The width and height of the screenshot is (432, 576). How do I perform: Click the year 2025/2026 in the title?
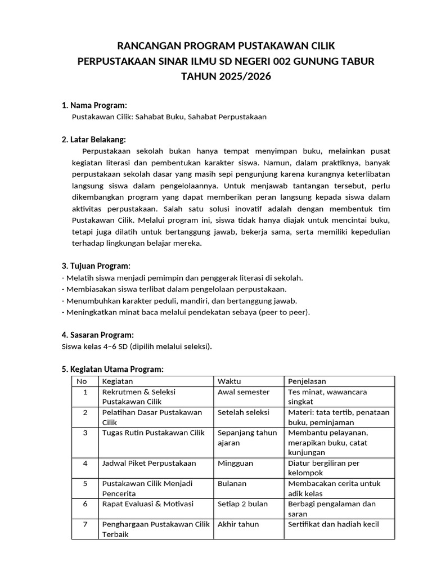(x=241, y=76)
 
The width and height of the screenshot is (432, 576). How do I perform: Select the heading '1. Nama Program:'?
(x=94, y=105)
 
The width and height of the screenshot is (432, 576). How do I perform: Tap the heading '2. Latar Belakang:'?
(x=93, y=139)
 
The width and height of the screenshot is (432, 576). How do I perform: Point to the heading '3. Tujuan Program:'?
(x=96, y=265)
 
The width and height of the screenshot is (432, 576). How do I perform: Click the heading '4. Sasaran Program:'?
(x=97, y=335)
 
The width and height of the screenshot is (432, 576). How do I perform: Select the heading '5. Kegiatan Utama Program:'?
(x=112, y=369)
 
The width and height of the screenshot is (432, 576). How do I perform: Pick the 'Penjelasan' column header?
(x=307, y=381)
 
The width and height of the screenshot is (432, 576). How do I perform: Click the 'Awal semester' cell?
(x=244, y=392)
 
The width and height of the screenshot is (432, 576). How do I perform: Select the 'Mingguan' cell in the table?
(x=235, y=463)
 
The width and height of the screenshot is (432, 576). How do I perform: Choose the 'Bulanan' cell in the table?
(x=232, y=483)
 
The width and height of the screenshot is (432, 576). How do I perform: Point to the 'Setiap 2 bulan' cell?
(x=242, y=503)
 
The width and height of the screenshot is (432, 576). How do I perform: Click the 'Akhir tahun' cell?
(x=238, y=524)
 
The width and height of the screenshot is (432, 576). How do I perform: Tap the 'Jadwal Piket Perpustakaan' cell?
(x=149, y=463)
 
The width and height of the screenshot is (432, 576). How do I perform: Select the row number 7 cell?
(x=85, y=524)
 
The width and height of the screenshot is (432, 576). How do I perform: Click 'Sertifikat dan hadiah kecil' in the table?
(x=334, y=524)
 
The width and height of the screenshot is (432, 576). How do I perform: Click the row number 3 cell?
(x=85, y=433)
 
